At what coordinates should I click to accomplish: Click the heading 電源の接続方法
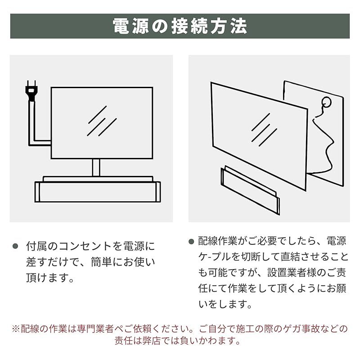tap(180, 26)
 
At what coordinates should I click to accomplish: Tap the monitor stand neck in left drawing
tap(95, 167)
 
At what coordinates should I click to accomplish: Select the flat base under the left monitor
tap(97, 191)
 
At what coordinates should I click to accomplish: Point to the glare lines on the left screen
tap(102, 121)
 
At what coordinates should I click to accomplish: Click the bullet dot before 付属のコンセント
tap(15, 246)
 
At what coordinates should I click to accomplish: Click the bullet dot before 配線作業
tap(191, 241)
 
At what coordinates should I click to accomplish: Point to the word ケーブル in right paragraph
tap(215, 257)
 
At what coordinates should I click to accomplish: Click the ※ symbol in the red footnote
tap(16, 328)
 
